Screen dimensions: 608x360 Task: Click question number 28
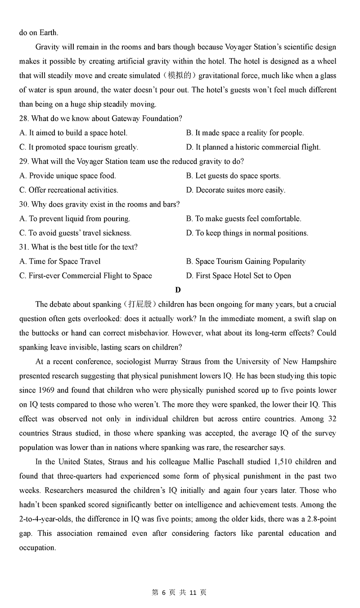pyautogui.click(x=24, y=118)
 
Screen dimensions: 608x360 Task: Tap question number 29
pyautogui.click(x=24, y=162)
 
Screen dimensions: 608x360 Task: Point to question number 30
pyautogui.click(x=24, y=204)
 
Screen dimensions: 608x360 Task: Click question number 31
pyautogui.click(x=24, y=247)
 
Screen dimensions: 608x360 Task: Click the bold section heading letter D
pyautogui.click(x=178, y=290)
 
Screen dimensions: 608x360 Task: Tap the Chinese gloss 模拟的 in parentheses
pyautogui.click(x=180, y=76)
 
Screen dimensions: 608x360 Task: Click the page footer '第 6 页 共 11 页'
pyautogui.click(x=180, y=593)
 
